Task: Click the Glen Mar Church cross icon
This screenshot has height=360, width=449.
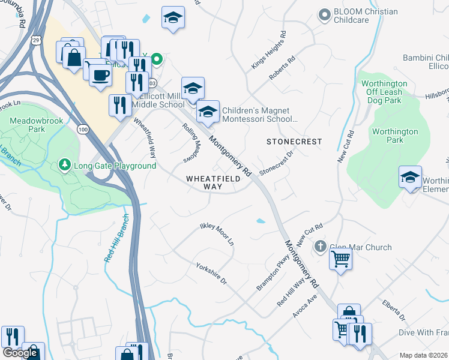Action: (x=321, y=247)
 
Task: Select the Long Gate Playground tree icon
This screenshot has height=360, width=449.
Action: (x=64, y=164)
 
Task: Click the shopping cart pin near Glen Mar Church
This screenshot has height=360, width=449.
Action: (x=340, y=259)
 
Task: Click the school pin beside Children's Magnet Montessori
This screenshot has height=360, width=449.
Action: (x=208, y=112)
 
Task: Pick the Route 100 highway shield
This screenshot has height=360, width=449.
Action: (x=83, y=129)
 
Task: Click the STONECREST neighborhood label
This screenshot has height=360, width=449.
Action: (x=294, y=142)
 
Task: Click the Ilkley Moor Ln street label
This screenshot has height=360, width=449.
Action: (x=216, y=235)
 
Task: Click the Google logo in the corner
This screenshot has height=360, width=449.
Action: (x=20, y=353)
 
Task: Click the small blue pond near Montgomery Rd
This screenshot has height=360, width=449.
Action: (x=261, y=221)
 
